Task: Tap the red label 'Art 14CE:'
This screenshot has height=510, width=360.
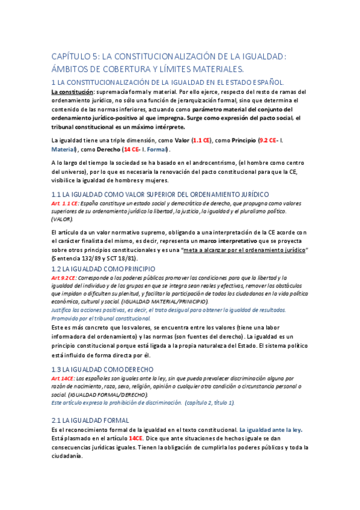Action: coord(63,378)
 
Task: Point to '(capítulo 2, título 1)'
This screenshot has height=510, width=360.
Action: coord(210,402)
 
